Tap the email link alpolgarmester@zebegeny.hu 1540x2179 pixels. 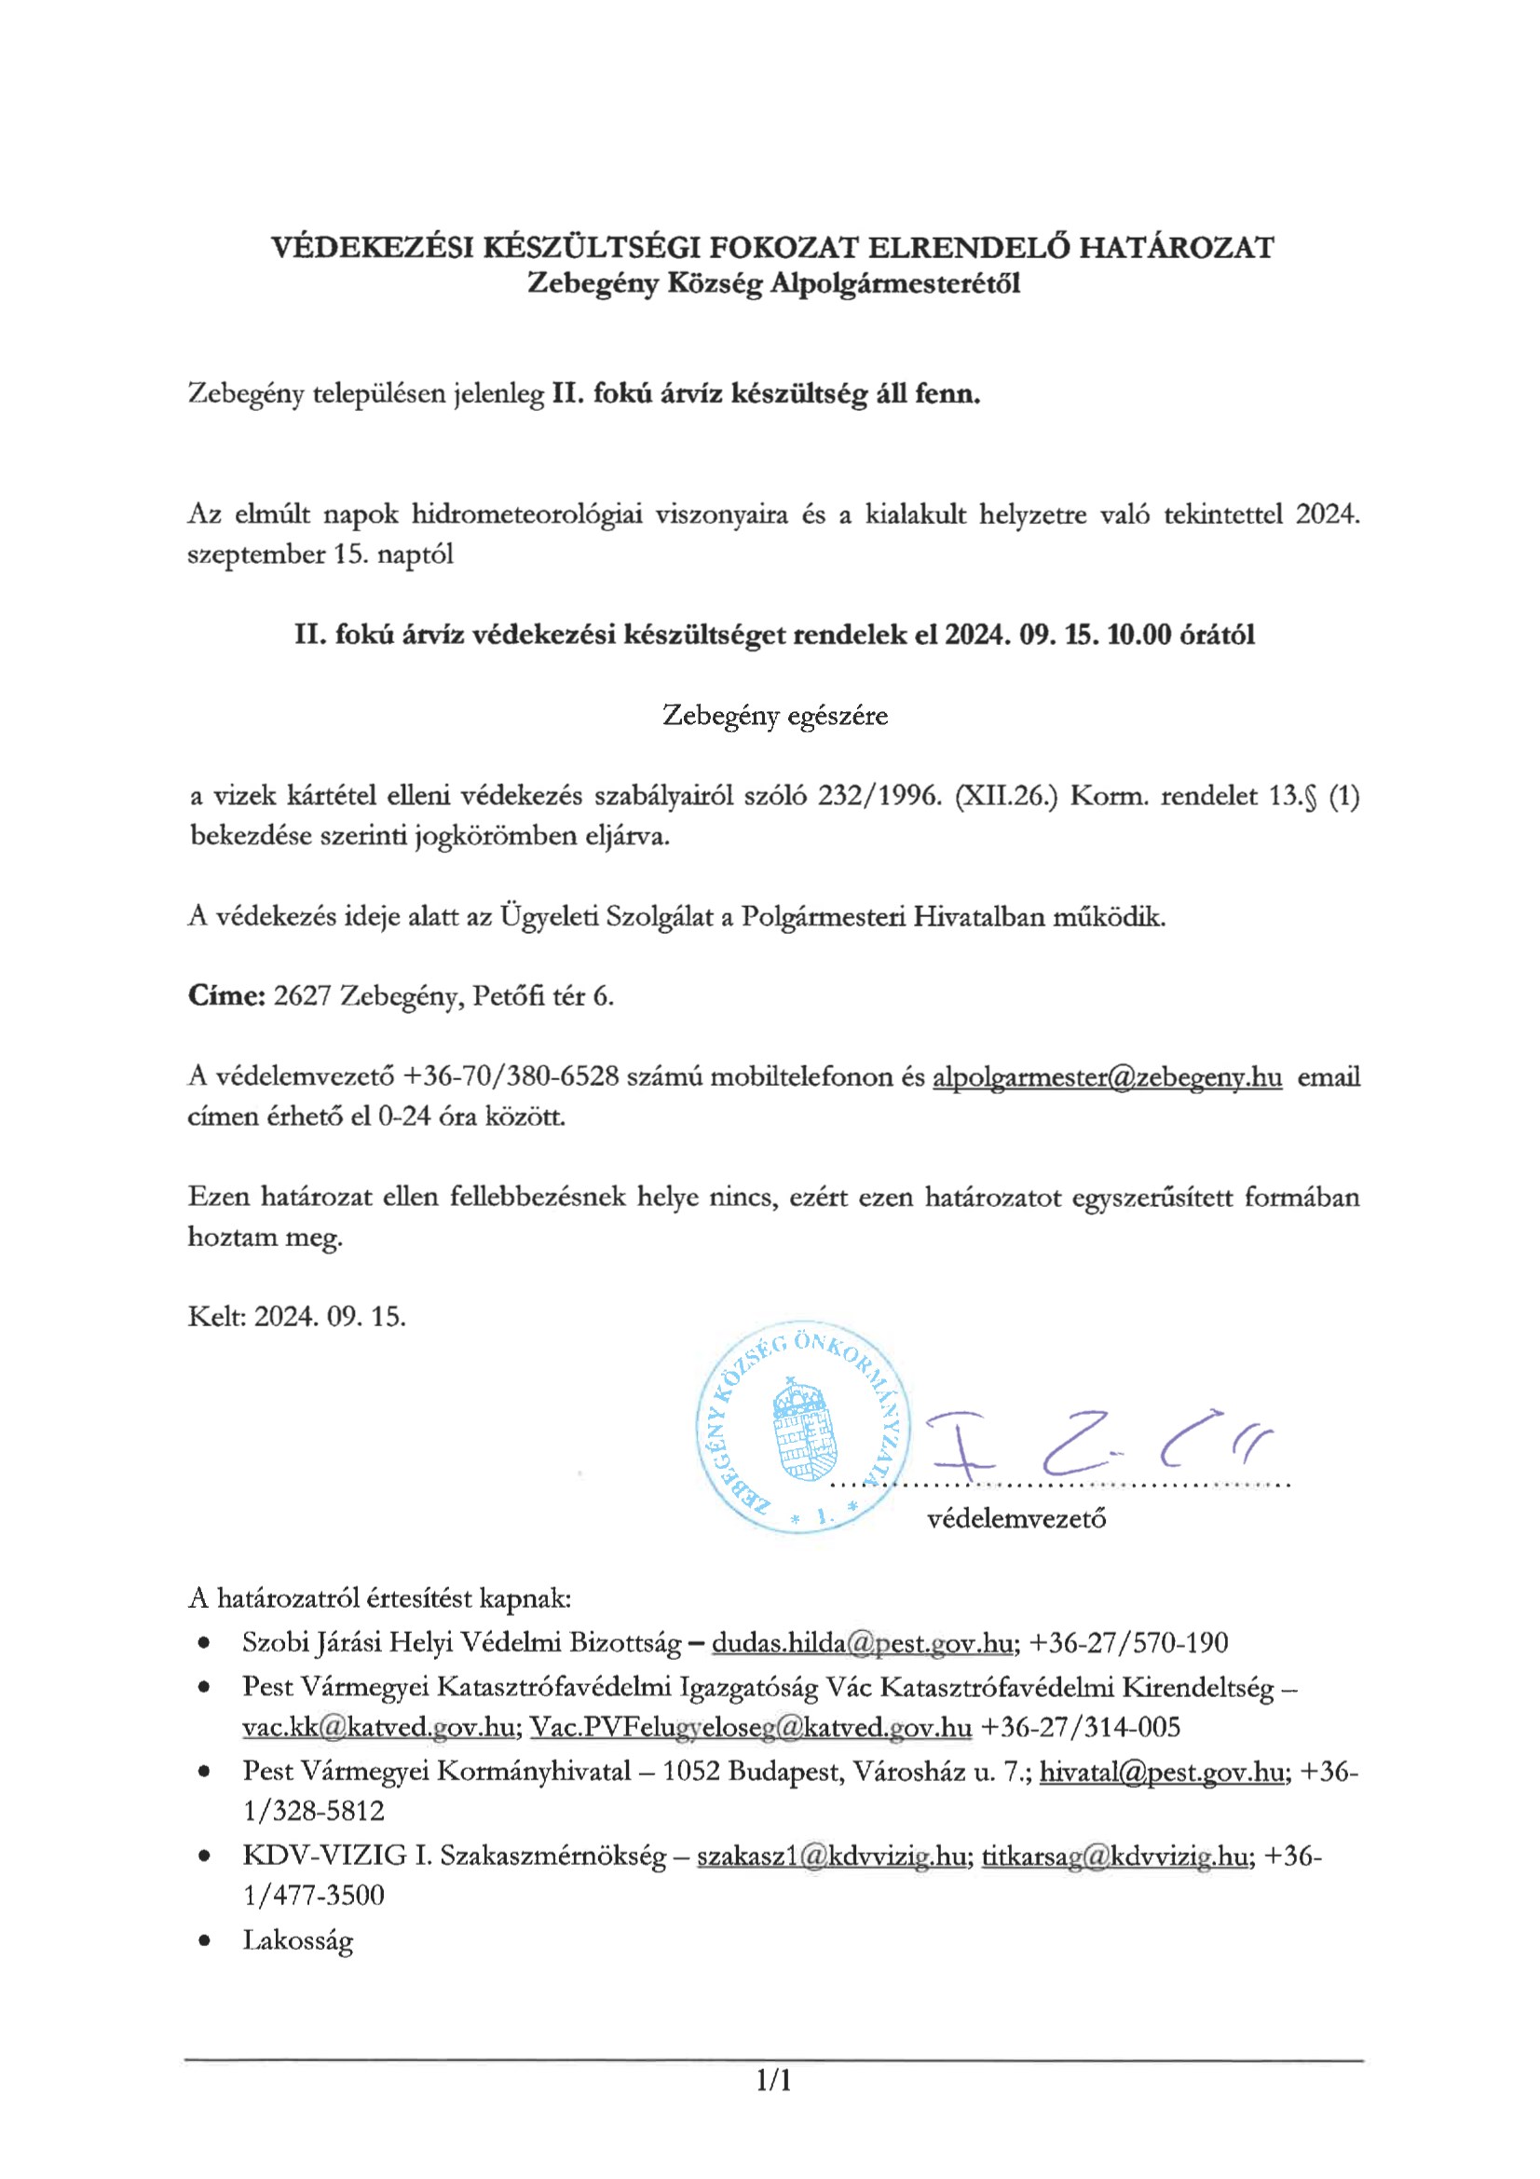point(1108,1077)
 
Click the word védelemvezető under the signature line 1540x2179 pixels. point(1016,1519)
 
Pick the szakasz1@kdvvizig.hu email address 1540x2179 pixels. point(832,1857)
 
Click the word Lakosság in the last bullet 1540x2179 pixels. point(298,1940)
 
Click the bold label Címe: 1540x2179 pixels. point(225,996)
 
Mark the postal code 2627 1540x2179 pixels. point(302,996)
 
